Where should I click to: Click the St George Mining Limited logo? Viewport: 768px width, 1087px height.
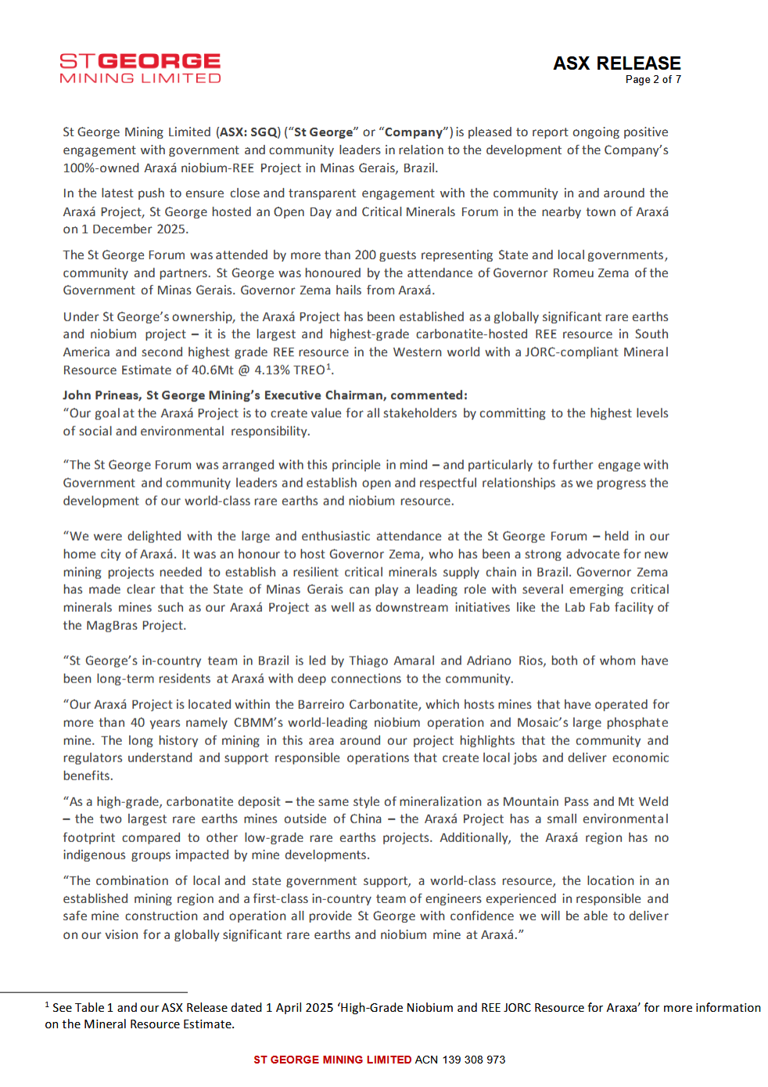140,68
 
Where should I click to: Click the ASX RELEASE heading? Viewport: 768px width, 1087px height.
616,63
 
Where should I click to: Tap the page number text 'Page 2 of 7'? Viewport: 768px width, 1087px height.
652,80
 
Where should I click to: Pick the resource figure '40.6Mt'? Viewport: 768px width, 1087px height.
213,370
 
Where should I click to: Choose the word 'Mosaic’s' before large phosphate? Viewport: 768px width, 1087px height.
542,722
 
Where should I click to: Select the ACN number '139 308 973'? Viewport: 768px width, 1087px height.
474,1060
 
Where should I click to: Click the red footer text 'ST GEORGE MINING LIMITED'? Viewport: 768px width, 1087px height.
332,1060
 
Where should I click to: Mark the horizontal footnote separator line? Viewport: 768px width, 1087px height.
94,992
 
